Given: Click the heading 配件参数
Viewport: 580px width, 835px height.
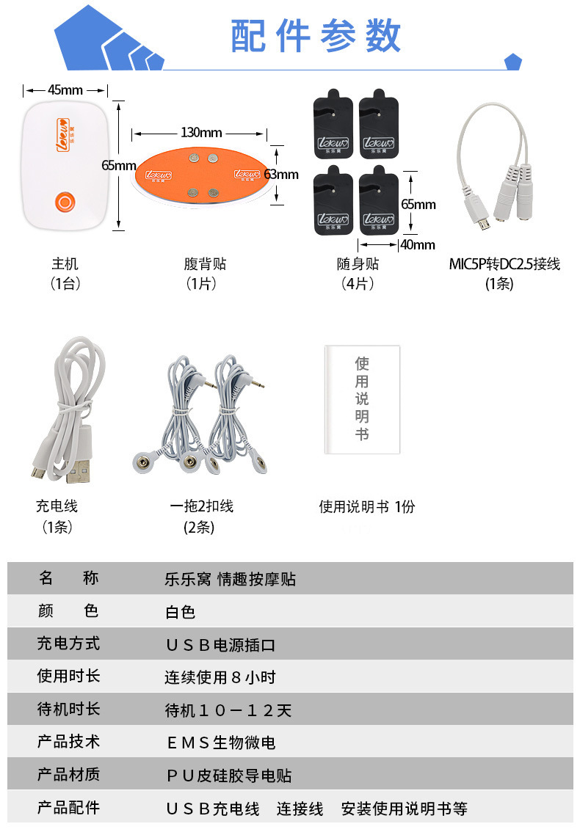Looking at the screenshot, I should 316,35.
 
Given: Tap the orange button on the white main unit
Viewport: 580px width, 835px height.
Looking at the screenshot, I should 65,202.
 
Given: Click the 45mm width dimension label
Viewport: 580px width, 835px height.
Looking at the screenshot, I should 65,90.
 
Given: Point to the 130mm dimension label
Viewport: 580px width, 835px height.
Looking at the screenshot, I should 201,133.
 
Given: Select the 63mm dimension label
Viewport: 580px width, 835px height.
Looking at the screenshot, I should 281,175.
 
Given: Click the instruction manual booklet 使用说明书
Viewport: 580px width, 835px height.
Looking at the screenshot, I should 362,399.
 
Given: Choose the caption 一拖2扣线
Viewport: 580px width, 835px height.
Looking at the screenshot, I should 201,506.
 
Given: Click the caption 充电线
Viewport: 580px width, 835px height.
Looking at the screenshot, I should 57,506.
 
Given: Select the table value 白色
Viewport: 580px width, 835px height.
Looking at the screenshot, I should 180,612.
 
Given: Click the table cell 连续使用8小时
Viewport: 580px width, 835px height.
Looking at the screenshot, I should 220,677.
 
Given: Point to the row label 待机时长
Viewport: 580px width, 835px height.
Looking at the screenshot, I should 68,710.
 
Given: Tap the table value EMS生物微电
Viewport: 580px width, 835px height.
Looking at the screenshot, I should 221,743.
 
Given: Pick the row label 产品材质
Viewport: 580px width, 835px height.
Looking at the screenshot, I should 68,775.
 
